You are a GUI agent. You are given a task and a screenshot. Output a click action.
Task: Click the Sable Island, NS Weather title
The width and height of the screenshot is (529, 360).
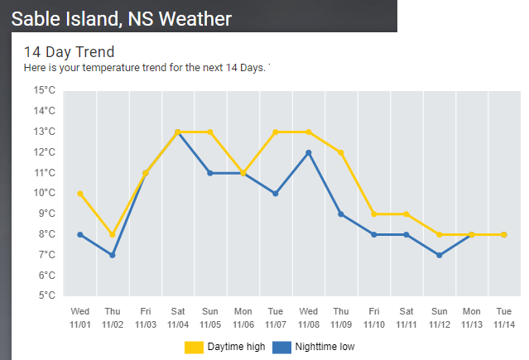pos(121,17)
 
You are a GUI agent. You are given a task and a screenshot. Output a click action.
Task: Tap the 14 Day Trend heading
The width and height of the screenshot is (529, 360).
pos(69,52)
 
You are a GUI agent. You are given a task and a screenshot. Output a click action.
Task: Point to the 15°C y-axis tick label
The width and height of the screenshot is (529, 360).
pos(44,90)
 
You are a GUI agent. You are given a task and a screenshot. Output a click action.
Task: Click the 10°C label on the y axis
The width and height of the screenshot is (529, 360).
pos(44,193)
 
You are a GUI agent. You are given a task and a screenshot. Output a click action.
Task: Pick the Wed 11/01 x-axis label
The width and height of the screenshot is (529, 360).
pos(80,317)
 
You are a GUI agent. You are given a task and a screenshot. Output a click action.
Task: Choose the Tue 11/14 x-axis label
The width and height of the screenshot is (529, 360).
pos(503,317)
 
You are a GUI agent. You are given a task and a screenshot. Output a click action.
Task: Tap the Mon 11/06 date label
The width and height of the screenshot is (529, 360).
pos(243,317)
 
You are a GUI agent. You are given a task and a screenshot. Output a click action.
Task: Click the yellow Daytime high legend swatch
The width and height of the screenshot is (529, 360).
pos(193,347)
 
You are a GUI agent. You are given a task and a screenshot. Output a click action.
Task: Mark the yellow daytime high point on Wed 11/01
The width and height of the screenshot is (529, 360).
pos(80,194)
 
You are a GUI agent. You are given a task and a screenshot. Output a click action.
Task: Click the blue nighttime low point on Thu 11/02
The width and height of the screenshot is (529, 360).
pos(113,255)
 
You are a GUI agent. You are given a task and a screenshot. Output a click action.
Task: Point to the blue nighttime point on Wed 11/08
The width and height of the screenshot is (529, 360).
pos(308,152)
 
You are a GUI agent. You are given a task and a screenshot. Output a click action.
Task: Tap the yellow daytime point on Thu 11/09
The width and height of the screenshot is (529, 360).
pos(340,152)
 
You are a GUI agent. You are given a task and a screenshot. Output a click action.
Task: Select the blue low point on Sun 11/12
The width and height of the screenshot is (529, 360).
pos(438,255)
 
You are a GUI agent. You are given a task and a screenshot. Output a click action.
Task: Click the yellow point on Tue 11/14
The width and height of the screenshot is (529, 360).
pos(503,235)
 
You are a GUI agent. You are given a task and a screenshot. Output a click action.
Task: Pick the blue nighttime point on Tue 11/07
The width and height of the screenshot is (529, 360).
pos(276,194)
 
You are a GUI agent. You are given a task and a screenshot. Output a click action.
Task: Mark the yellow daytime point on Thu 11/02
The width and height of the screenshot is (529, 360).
pos(113,235)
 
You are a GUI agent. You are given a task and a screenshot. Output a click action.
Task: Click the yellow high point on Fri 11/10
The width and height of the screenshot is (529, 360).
pos(373,214)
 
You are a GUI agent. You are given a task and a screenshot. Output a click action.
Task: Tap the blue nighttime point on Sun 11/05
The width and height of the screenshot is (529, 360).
pos(210,173)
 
